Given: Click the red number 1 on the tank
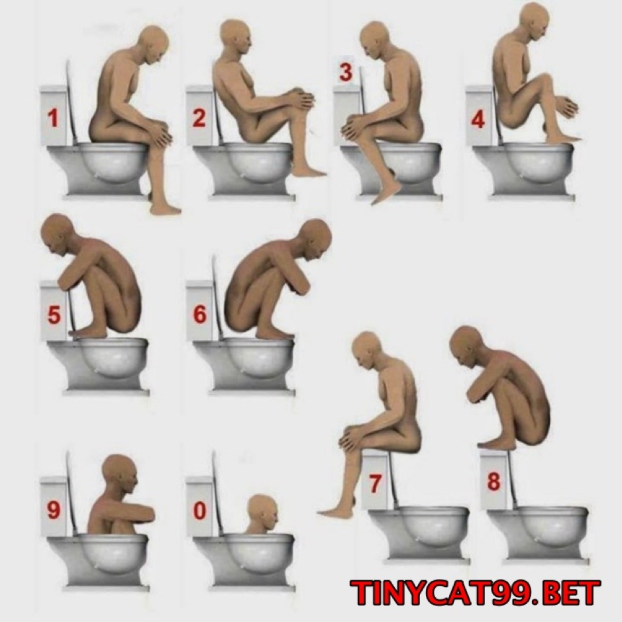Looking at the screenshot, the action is [53, 118].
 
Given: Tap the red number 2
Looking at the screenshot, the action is [199, 117].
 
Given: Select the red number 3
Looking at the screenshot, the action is [346, 73].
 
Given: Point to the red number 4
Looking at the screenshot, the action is [478, 119].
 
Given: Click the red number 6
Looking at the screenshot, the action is [199, 314].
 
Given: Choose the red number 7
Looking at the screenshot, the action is [375, 483].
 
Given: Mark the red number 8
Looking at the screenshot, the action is [493, 482].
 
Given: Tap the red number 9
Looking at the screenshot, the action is [54, 510].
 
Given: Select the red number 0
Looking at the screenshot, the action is [199, 511].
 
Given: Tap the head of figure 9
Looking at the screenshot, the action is [120, 474].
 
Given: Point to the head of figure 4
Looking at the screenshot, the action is [533, 21].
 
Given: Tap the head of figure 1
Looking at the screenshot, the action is [153, 44].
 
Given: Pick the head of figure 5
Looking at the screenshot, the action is [59, 234].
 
